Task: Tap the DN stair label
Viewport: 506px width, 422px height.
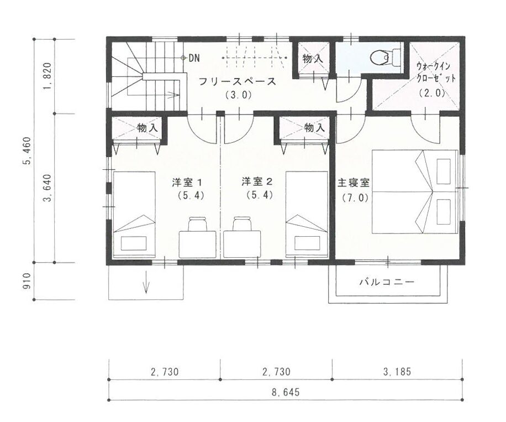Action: click(194, 58)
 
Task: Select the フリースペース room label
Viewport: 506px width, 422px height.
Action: click(238, 81)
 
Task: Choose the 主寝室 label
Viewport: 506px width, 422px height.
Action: click(354, 183)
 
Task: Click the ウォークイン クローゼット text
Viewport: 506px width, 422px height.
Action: click(436, 72)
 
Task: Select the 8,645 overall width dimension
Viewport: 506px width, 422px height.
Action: click(286, 392)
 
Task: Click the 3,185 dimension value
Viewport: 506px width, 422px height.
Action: click(397, 372)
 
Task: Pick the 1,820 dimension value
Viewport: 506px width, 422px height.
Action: click(48, 76)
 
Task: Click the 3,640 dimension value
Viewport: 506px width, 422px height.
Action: click(48, 188)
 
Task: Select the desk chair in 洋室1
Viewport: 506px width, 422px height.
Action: click(197, 224)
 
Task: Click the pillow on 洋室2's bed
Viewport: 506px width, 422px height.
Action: click(307, 243)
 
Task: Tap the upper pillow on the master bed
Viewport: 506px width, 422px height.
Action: click(444, 171)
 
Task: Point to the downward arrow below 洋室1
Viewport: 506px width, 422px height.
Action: click(146, 283)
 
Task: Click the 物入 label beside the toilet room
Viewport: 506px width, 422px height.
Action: click(312, 59)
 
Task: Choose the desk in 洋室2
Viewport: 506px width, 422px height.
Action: click(242, 244)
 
